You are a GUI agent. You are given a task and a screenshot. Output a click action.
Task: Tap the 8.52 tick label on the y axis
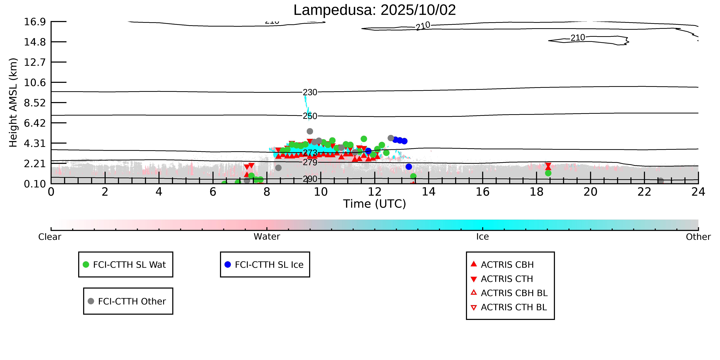tap(35, 103)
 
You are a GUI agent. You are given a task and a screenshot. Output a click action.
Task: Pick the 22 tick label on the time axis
tap(644, 192)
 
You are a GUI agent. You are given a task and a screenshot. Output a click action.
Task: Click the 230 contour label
tap(310, 92)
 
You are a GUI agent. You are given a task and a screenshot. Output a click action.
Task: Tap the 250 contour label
tap(310, 116)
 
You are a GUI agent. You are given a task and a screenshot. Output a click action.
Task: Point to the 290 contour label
tap(310, 179)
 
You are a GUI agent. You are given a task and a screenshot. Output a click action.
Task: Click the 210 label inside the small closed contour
tap(578, 38)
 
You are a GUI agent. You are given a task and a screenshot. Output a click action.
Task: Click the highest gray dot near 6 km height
tap(310, 131)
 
